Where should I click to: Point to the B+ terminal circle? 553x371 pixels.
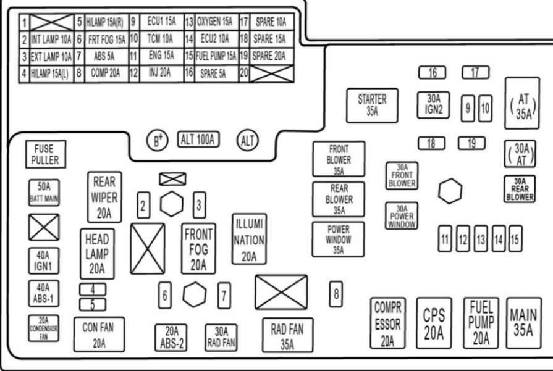pos(159,140)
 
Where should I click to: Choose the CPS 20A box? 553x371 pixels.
pos(434,324)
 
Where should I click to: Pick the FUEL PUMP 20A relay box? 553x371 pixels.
pos(481,322)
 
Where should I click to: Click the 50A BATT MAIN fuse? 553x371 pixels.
pos(43,192)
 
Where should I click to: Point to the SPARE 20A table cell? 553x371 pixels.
pos(269,56)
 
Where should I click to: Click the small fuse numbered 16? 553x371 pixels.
pos(432,73)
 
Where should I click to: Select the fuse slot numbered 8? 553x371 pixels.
pos(336,293)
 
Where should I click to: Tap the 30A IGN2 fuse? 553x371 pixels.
pos(433,104)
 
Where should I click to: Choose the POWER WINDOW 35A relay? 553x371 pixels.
pos(338,238)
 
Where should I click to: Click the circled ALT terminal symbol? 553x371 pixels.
pos(247,141)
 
